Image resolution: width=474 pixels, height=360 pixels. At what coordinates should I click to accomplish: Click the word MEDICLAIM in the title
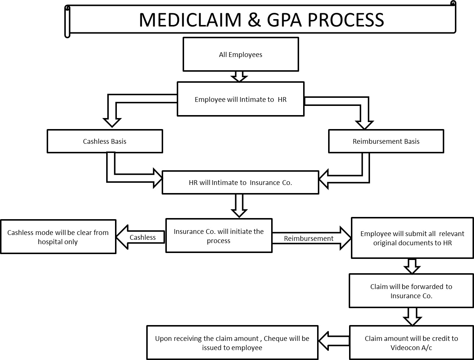(x=190, y=20)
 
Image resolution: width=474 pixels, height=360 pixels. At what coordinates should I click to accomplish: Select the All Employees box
(x=241, y=54)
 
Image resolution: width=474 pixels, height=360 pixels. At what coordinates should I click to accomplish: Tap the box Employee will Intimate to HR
(x=241, y=99)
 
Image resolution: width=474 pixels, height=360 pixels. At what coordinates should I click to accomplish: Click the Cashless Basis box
(x=105, y=141)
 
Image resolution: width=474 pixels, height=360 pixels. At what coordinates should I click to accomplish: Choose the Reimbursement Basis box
(x=386, y=141)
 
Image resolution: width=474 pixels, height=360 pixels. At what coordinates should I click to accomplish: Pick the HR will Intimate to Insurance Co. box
(x=240, y=182)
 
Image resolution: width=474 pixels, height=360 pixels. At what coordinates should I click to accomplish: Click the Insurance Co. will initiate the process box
(x=219, y=236)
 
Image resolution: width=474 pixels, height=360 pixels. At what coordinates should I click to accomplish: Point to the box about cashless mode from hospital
(x=58, y=237)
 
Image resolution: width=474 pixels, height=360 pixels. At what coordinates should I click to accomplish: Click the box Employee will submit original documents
(x=412, y=238)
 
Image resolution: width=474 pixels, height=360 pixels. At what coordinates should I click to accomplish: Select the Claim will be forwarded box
(x=411, y=291)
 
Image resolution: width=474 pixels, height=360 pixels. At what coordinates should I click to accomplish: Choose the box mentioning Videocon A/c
(x=411, y=343)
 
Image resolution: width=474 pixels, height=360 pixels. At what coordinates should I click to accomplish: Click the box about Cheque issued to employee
(x=232, y=343)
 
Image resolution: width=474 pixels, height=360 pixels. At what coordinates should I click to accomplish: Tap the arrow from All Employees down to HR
(x=239, y=76)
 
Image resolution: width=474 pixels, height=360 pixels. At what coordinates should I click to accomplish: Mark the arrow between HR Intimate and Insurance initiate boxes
(x=239, y=206)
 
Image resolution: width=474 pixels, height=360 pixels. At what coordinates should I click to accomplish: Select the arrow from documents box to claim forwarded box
(x=412, y=266)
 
